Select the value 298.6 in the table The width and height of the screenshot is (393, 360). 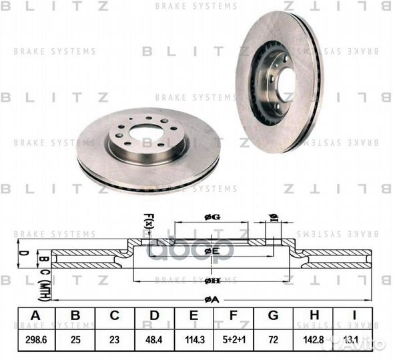pos(34,339)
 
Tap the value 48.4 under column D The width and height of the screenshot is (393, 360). pos(154,339)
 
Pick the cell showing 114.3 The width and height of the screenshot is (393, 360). pos(193,339)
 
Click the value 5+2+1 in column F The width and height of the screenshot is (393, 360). pos(233,339)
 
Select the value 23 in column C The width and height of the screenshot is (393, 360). pos(114,339)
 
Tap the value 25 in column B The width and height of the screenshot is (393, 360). pos(75,339)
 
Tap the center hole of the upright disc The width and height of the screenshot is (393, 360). pos(286,85)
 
